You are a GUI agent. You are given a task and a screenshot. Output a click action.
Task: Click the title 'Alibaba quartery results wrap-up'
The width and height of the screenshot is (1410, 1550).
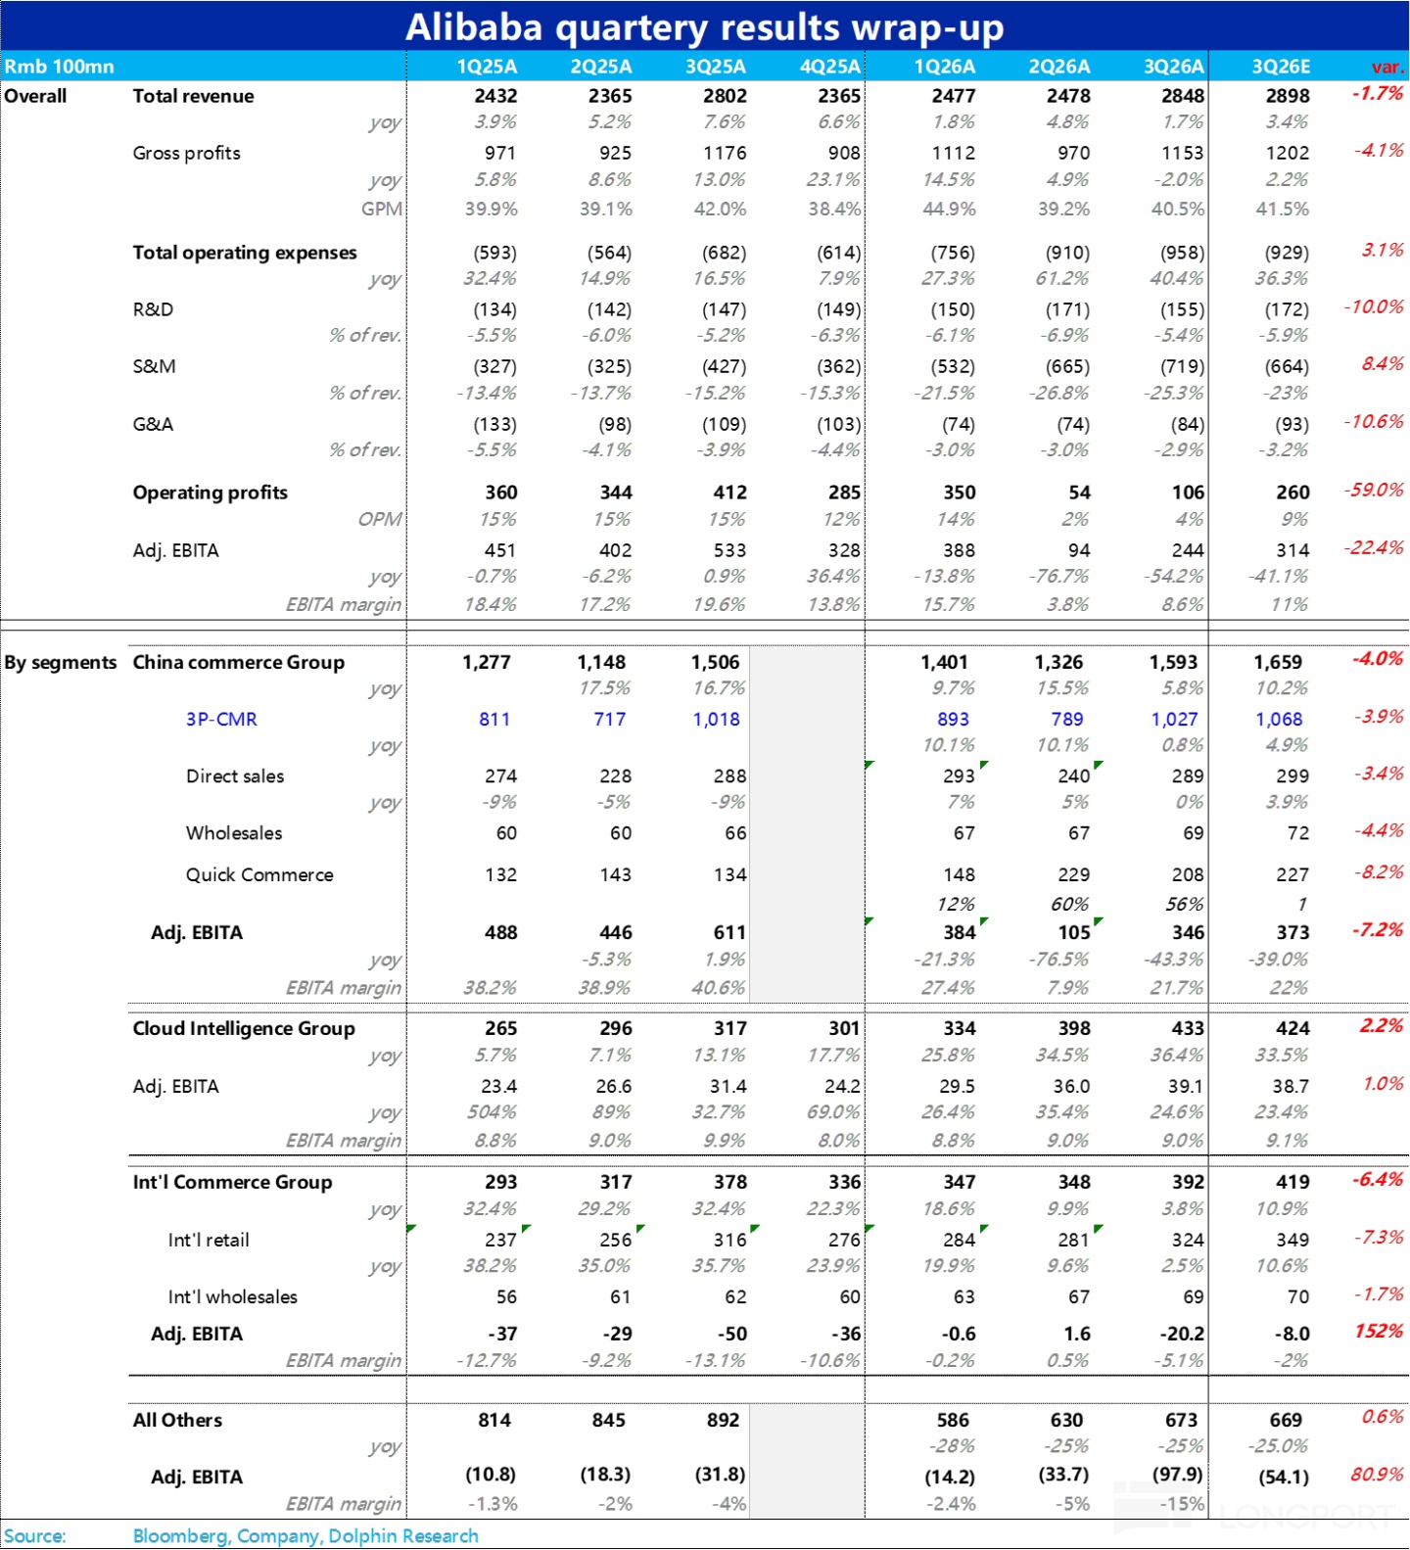click(x=704, y=27)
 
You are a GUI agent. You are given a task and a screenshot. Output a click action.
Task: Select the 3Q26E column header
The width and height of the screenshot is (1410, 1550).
click(x=1281, y=67)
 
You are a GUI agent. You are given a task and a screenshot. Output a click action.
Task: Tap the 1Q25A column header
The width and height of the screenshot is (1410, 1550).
click(x=487, y=67)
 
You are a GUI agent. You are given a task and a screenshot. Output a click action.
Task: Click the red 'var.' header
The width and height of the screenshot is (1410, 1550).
click(x=1387, y=67)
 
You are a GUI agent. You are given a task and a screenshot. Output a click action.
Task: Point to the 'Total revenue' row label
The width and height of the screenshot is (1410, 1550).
click(x=193, y=96)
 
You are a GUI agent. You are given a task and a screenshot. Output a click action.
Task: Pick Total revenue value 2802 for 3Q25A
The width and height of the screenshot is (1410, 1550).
click(x=725, y=96)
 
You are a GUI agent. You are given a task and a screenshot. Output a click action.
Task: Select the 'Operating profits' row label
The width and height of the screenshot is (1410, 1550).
click(x=210, y=493)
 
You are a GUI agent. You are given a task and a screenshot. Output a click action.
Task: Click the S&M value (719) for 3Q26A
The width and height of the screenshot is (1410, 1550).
click(x=1182, y=366)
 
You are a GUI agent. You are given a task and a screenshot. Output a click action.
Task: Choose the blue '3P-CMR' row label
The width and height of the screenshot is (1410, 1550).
click(x=221, y=719)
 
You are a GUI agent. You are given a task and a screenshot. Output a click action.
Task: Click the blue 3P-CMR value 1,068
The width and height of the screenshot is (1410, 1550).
click(x=1279, y=719)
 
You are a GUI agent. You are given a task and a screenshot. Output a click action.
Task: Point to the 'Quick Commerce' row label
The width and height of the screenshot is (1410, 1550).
click(x=259, y=874)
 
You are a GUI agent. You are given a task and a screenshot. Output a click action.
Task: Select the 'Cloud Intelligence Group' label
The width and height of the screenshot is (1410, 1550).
click(x=244, y=1028)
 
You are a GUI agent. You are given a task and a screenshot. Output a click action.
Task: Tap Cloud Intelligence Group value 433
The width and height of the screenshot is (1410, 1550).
click(x=1187, y=1028)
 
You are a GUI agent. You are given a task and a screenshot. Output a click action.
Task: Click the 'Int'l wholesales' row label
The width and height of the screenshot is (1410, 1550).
click(x=232, y=1296)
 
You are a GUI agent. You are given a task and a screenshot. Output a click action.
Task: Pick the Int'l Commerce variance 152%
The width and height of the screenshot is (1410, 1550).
click(x=1379, y=1331)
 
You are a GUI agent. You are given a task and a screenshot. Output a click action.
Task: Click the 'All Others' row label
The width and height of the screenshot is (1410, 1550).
click(x=177, y=1420)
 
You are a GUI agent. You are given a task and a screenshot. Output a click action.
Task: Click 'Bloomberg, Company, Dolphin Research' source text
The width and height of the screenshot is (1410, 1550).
click(x=305, y=1535)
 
